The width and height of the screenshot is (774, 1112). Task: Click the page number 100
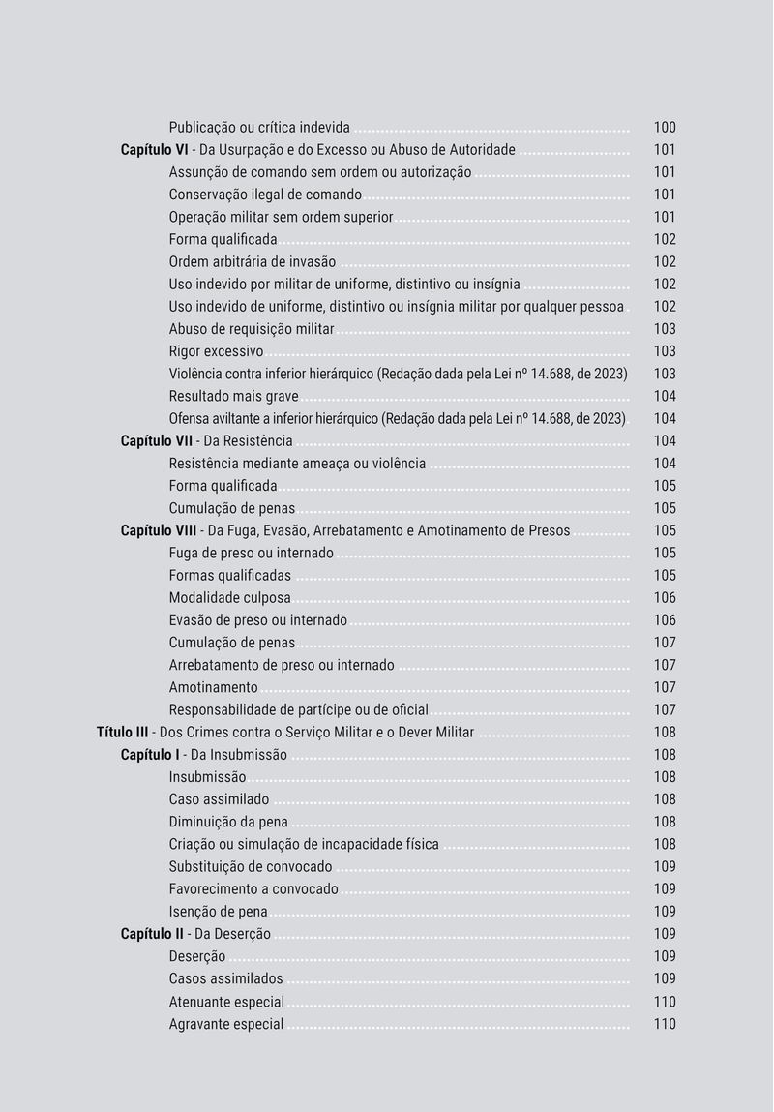(x=665, y=128)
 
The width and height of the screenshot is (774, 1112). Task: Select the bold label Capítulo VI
(x=154, y=150)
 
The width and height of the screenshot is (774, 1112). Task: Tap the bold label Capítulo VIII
(x=160, y=530)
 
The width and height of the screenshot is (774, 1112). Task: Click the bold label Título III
(x=123, y=732)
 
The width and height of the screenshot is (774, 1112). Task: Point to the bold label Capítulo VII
(x=157, y=441)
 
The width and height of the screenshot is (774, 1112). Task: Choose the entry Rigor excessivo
(x=216, y=351)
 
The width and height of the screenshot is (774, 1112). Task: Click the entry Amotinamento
(x=213, y=687)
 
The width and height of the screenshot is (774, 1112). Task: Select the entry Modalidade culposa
(x=229, y=598)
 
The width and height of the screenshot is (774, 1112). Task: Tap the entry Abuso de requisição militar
(x=252, y=329)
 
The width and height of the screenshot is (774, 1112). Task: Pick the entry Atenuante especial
(x=226, y=1002)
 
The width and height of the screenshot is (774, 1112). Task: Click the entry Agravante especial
(x=226, y=1024)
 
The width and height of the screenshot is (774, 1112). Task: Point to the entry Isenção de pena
(x=218, y=912)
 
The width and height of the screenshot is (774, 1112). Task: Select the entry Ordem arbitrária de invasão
(x=253, y=262)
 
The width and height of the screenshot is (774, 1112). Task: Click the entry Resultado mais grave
(x=233, y=397)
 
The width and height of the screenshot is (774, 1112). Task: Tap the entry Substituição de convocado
(x=251, y=867)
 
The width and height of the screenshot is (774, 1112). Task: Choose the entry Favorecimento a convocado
(x=253, y=889)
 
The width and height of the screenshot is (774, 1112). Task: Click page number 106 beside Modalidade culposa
(x=665, y=598)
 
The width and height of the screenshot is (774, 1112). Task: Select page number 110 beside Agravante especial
(x=665, y=1024)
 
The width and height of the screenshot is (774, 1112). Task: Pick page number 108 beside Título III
(x=665, y=733)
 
